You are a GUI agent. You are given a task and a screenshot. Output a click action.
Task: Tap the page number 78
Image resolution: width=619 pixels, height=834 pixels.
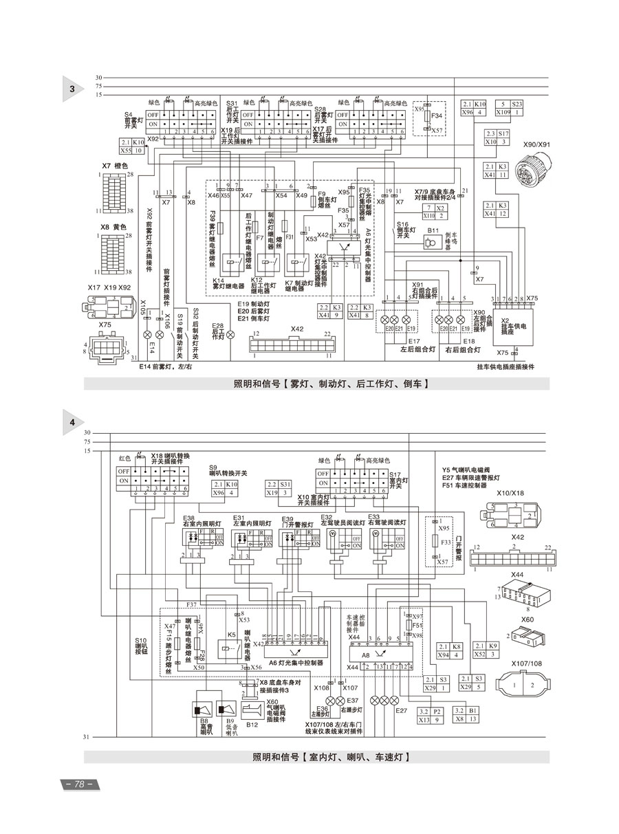pyautogui.click(x=78, y=784)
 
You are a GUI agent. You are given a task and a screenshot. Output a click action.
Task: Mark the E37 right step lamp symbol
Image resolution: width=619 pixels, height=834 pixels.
pyautogui.click(x=340, y=700)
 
